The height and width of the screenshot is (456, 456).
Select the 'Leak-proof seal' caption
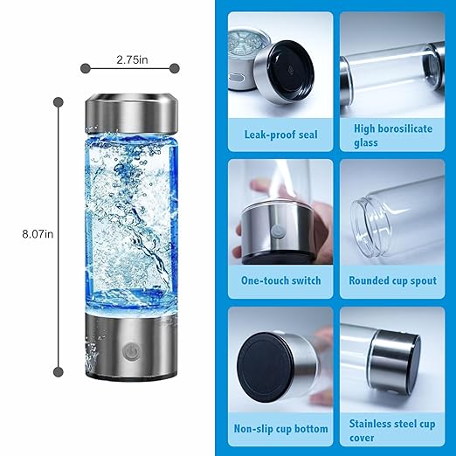pyautogui.click(x=280, y=135)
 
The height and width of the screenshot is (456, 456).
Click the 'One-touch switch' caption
pyautogui.click(x=280, y=280)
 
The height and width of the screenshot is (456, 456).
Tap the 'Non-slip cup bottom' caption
pyautogui.click(x=280, y=429)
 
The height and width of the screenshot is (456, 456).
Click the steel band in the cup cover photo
pyautogui.click(x=384, y=359)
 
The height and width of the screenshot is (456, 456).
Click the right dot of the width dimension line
pyautogui.click(x=175, y=67)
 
